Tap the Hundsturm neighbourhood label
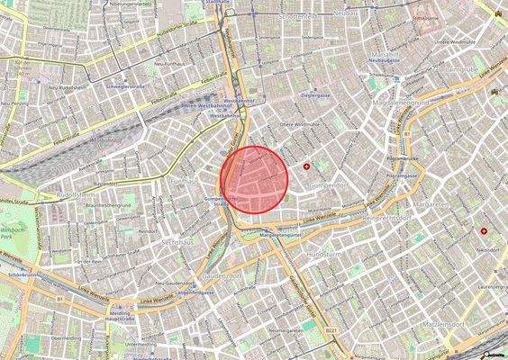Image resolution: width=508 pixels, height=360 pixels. click(323, 254)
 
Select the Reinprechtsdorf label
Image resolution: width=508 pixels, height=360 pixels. click(388, 216)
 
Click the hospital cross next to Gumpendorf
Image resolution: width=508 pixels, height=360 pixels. click(307, 166)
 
